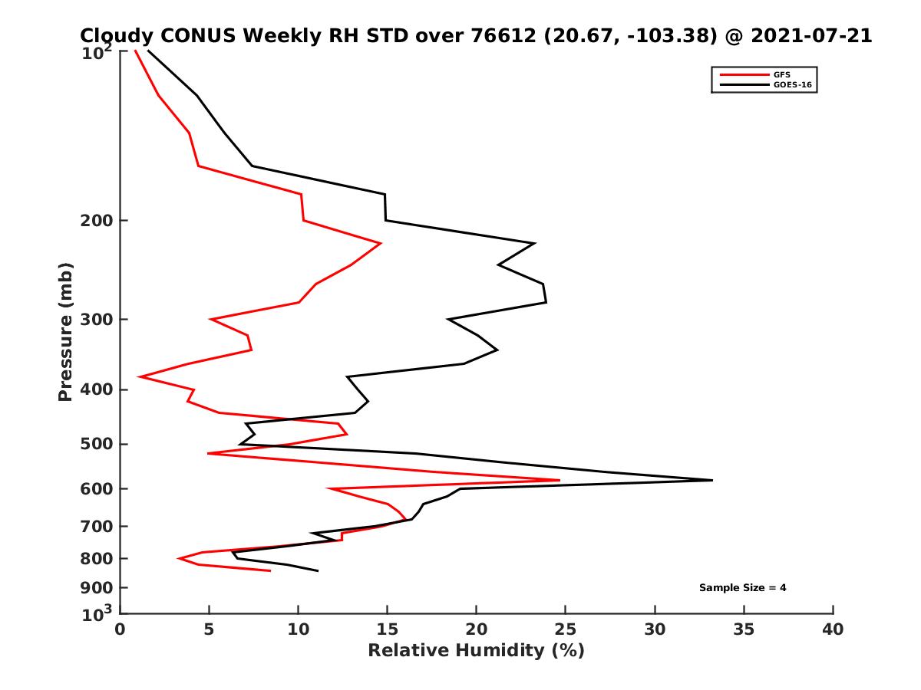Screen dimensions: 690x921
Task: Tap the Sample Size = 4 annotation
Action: [742, 588]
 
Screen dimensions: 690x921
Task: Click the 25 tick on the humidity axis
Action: [566, 629]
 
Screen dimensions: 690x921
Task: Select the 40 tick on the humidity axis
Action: [833, 629]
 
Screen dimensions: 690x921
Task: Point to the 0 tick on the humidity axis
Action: [120, 629]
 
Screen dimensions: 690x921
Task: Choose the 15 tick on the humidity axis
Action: [388, 629]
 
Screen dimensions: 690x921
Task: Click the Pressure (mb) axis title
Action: [65, 331]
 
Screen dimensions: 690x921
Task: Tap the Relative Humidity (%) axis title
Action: [476, 651]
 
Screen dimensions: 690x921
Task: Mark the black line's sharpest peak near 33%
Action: [712, 480]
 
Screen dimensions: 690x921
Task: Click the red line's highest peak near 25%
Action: [560, 481]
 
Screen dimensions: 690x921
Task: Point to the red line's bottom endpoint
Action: [270, 570]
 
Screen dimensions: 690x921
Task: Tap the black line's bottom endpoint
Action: [318, 570]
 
